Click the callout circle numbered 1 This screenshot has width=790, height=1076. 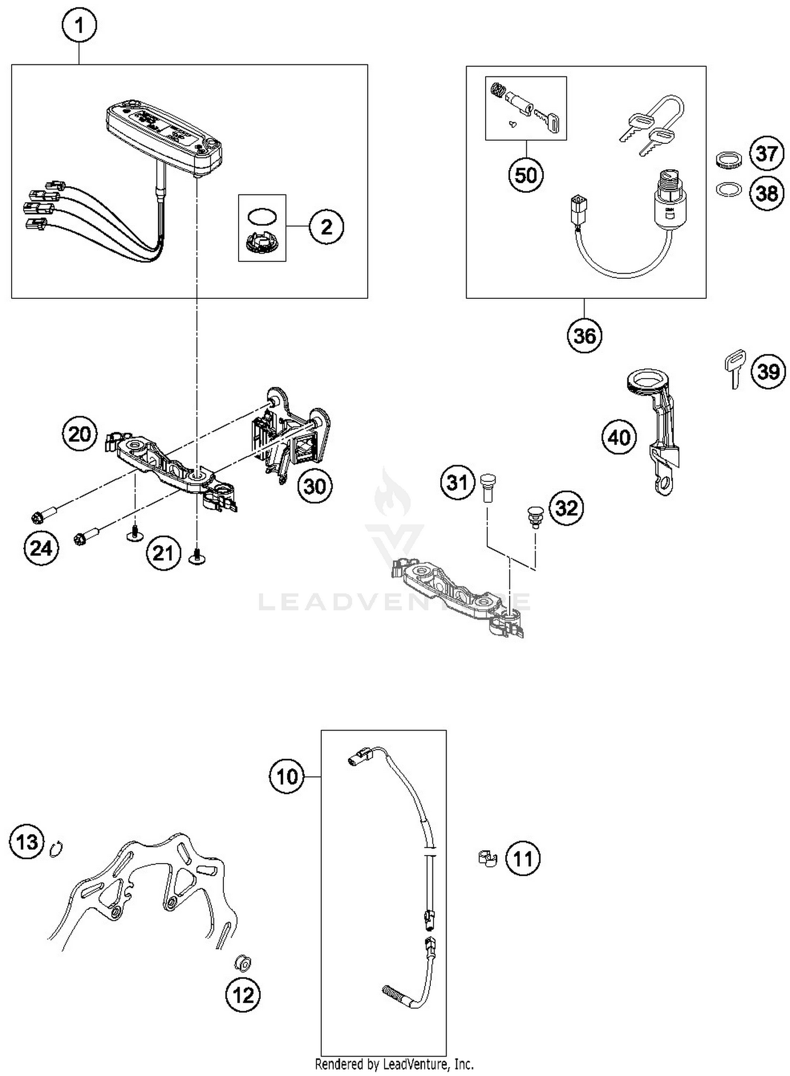80,25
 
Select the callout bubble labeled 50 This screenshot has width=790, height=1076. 526,175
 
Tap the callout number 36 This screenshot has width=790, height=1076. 585,335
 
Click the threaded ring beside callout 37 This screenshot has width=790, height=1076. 729,159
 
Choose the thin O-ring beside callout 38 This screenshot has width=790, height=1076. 728,189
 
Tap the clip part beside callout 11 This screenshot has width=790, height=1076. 488,858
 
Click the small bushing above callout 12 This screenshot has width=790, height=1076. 243,963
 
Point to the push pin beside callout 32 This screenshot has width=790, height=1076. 535,516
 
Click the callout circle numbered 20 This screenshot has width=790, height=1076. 80,434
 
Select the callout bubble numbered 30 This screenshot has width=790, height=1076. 314,486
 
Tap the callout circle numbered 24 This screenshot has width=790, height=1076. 41,548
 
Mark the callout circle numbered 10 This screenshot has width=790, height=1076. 287,777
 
